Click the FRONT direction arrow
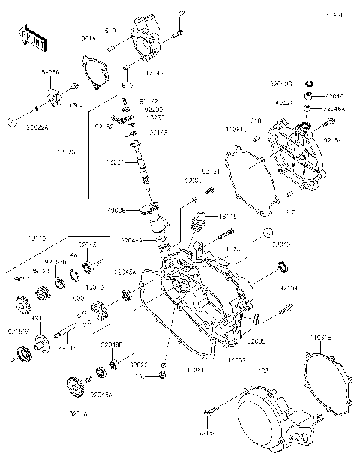point(30,37)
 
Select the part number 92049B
point(112,343)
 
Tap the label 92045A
point(124,272)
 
